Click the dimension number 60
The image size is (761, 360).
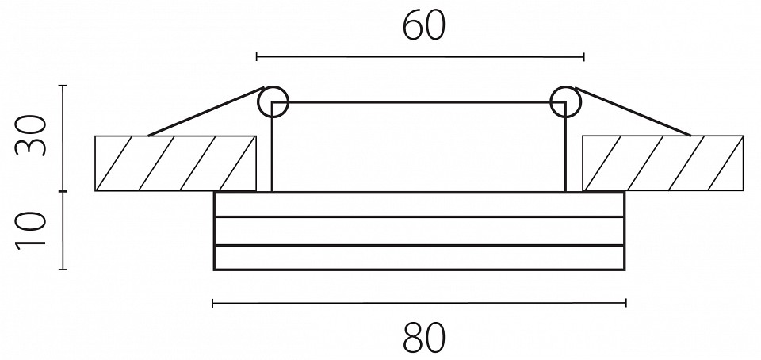pyautogui.click(x=423, y=26)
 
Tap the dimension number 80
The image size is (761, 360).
pyautogui.click(x=423, y=338)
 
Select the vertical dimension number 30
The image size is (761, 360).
pyautogui.click(x=31, y=135)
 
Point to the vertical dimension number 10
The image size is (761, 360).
pyautogui.click(x=31, y=231)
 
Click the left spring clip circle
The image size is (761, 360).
pyautogui.click(x=273, y=101)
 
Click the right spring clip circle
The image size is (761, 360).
pyautogui.click(x=565, y=101)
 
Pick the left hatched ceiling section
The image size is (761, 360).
pyautogui.click(x=175, y=163)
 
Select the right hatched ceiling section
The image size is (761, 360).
pyautogui.click(x=663, y=163)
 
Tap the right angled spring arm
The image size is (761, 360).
pyautogui.click(x=633, y=111)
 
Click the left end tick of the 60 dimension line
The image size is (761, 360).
pyautogui.click(x=257, y=57)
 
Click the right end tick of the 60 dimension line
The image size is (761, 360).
pyautogui.click(x=584, y=57)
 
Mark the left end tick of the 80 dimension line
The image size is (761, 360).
pyautogui.click(x=213, y=303)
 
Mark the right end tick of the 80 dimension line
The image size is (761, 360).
pyautogui.click(x=626, y=303)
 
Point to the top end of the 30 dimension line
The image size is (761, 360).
pyautogui.click(x=63, y=86)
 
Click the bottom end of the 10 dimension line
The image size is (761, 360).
pyautogui.click(x=63, y=270)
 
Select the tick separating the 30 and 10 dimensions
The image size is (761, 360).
pyautogui.click(x=63, y=191)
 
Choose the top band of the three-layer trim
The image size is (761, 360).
pyautogui.click(x=419, y=205)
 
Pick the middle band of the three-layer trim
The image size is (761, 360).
pyautogui.click(x=419, y=231)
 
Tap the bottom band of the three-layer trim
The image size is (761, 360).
pyautogui.click(x=419, y=258)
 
